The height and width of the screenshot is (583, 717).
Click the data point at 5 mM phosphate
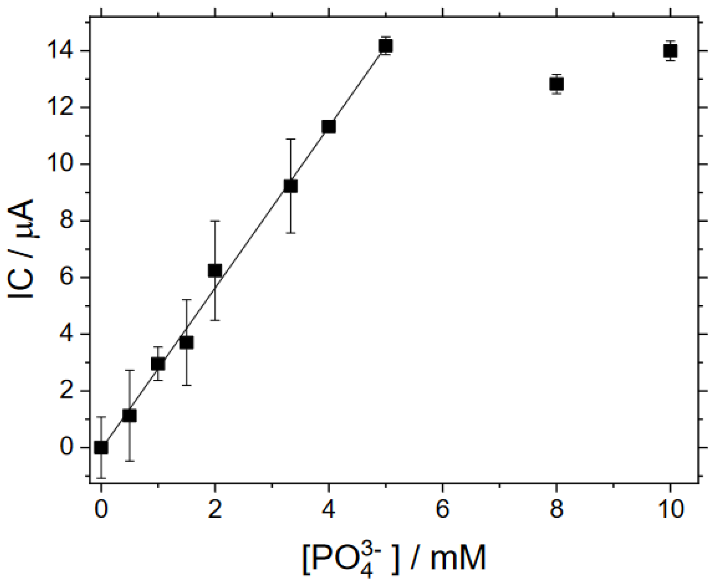[x=386, y=45]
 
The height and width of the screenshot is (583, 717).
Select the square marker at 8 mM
[x=556, y=84]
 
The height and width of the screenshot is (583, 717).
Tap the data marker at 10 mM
[x=670, y=51]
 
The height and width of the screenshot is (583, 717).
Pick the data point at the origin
[x=101, y=448]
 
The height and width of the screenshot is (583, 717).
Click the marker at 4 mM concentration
[x=328, y=126]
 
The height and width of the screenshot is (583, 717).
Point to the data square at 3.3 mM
[x=290, y=186]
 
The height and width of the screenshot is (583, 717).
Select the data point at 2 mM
[x=215, y=270]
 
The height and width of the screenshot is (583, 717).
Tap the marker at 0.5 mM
[x=129, y=415]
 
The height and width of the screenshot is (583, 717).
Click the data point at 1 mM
[x=158, y=364]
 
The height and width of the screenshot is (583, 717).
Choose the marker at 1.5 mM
[x=186, y=342]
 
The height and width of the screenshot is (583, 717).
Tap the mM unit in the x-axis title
[x=458, y=558]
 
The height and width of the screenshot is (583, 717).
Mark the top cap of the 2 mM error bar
[x=215, y=221]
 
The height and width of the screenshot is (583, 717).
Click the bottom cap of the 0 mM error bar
[x=101, y=478]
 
